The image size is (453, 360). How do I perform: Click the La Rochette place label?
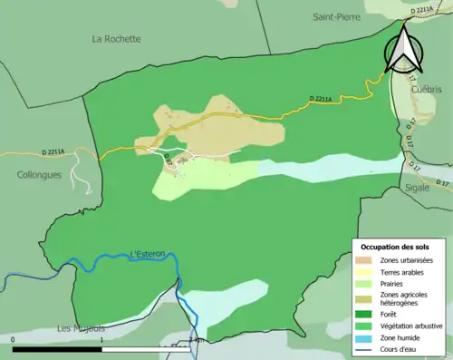pos(117,39)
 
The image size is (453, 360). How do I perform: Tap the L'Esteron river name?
pos(148,255)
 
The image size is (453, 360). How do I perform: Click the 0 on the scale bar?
pos(14,340)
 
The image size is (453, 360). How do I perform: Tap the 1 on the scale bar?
pos(102,340)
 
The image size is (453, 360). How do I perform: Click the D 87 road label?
pos(169,161)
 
